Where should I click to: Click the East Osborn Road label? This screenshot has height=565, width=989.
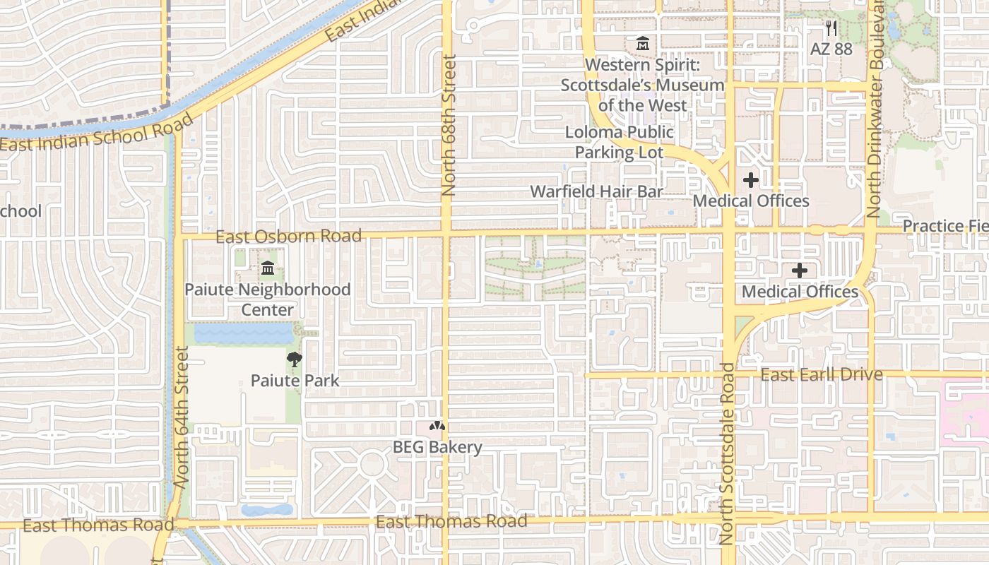[288, 236]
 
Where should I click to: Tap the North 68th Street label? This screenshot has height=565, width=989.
[449, 126]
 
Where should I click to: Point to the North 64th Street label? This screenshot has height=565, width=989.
[182, 417]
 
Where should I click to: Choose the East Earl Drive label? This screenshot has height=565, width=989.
[821, 374]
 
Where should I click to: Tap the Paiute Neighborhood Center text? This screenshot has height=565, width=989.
[267, 299]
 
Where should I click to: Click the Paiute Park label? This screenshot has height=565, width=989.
[295, 381]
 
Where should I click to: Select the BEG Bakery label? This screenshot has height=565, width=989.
[437, 447]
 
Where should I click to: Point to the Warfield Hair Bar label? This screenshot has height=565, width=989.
[596, 191]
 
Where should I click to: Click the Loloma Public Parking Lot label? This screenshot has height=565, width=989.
[619, 142]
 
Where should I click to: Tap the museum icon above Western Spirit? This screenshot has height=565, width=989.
[642, 44]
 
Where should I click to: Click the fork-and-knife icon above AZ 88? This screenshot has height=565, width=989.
[831, 28]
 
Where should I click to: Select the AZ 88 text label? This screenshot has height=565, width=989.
[831, 49]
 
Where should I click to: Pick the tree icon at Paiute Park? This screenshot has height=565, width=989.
[294, 359]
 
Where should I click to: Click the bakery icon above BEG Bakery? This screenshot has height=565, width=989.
[437, 427]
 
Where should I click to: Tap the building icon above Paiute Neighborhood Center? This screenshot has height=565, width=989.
[268, 268]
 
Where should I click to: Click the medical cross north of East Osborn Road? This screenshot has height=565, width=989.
[751, 180]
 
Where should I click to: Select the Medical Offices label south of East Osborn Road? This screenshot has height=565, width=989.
[800, 292]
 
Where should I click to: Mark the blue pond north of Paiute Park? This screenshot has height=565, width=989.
[243, 333]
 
